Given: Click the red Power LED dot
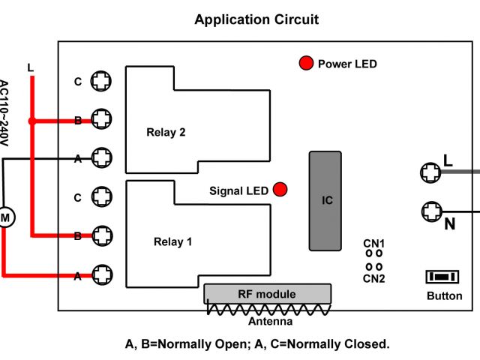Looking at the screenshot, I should pyautogui.click(x=306, y=64).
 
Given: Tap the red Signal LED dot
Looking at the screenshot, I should pyautogui.click(x=280, y=190).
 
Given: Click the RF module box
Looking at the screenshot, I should pyautogui.click(x=267, y=294).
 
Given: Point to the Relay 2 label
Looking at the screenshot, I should pyautogui.click(x=166, y=132).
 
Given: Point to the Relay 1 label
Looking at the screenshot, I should pyautogui.click(x=173, y=241).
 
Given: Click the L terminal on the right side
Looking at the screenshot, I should pyautogui.click(x=430, y=172).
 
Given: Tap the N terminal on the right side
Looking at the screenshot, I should pyautogui.click(x=430, y=211).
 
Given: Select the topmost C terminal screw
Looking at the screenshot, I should pyautogui.click(x=101, y=80).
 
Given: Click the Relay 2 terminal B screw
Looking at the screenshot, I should pyautogui.click(x=101, y=119).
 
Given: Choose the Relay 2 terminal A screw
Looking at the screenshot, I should pyautogui.click(x=101, y=157).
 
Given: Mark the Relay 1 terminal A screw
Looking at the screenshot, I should pyautogui.click(x=101, y=275).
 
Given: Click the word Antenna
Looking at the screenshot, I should pyautogui.click(x=270, y=322).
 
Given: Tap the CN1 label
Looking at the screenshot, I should pyautogui.click(x=374, y=244).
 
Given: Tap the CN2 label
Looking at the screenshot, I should pyautogui.click(x=374, y=278).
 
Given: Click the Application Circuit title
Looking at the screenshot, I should pyautogui.click(x=256, y=19).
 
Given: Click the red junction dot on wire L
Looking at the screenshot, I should pyautogui.click(x=31, y=120).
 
